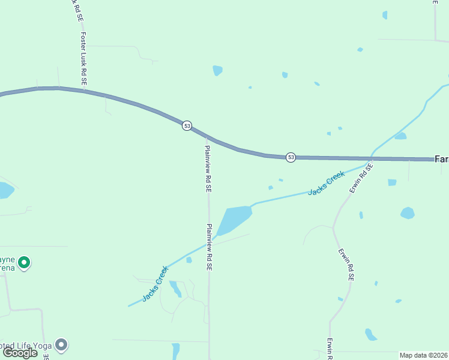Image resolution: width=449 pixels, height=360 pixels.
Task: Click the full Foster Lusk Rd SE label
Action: coord(83,58)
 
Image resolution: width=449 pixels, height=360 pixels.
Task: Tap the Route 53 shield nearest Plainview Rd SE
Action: coord(187,125)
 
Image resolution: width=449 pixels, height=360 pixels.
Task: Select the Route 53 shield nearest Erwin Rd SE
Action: coord(291,157)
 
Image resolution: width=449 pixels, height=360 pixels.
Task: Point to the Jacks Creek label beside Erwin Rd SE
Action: coord(327,183)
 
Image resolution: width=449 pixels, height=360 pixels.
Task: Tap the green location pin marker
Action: coord(24,262)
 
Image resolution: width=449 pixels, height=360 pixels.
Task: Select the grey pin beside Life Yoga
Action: coord(61,345)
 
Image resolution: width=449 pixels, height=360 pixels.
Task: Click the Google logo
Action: coord(20,353)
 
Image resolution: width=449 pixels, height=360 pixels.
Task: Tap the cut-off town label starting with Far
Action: coord(441,159)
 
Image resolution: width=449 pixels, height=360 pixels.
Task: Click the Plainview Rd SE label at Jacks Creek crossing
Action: coord(209,247)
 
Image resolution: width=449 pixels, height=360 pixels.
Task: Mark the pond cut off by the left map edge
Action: coord(5,190)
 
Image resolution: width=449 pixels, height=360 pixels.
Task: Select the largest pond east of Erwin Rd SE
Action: coord(408,213)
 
